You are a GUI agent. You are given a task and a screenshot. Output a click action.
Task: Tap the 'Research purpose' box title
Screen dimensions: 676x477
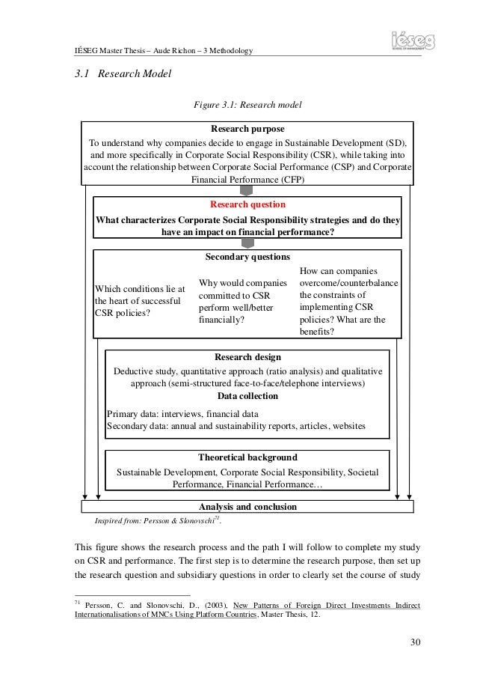(247, 128)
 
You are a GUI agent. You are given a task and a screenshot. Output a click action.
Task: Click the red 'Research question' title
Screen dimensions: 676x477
(247, 204)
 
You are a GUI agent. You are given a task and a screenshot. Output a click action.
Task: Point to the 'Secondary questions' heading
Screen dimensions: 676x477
(247, 257)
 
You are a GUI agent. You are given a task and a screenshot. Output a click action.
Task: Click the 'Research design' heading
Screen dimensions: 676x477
(247, 357)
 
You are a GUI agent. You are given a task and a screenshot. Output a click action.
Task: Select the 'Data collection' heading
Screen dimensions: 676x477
(247, 396)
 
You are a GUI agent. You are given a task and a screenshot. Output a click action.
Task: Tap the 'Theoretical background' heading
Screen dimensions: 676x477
(247, 457)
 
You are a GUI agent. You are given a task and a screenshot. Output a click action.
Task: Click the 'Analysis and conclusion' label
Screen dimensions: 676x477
(247, 507)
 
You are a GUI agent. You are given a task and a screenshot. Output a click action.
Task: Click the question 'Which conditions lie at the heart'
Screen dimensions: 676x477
(140, 300)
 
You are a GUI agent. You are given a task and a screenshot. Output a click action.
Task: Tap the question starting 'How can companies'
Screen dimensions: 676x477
(348, 301)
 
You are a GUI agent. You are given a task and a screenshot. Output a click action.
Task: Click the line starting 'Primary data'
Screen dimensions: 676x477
(183, 413)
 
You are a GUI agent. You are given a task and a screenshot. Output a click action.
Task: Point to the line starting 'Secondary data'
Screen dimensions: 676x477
(236, 426)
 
